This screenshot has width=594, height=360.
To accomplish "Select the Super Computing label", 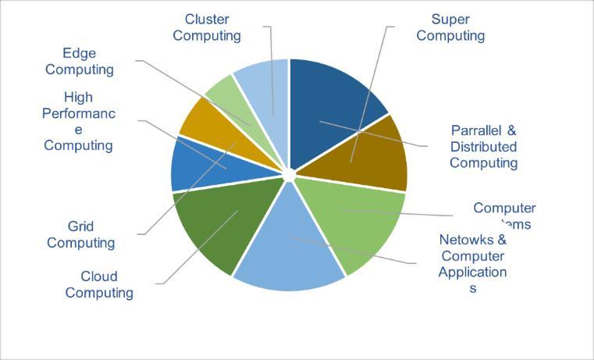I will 450,27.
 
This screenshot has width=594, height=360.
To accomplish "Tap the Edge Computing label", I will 80,61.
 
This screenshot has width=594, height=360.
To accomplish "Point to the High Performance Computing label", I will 79,121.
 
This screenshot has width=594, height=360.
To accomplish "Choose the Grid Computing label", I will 80,234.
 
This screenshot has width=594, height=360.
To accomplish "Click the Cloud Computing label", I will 99,284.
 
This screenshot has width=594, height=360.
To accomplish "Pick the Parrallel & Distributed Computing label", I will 483,147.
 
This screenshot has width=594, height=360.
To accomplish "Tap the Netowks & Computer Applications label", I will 472,264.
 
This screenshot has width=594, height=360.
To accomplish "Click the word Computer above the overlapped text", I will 504,209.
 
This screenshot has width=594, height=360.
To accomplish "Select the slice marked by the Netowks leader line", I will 289,250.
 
